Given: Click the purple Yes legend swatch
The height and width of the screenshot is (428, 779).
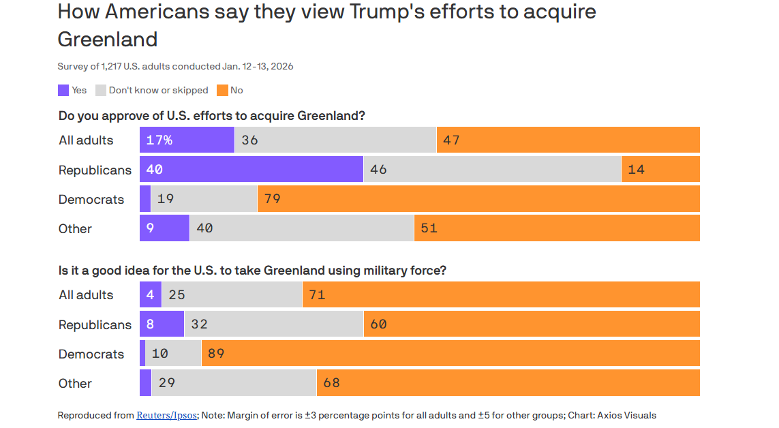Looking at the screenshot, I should (x=63, y=90).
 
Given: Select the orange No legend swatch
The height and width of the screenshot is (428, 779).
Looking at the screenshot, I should (x=222, y=90).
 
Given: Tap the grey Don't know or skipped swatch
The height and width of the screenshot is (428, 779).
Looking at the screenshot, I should (x=101, y=90).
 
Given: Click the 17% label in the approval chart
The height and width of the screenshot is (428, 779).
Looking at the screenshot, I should (x=159, y=140).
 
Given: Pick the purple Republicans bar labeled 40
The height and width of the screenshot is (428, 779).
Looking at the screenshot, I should (x=251, y=169).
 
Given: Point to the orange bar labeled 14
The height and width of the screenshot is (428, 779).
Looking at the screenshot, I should (x=660, y=169).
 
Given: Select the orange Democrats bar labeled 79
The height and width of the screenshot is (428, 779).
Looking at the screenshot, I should (x=478, y=199).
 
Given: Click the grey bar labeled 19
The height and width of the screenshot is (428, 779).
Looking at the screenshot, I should (x=204, y=199).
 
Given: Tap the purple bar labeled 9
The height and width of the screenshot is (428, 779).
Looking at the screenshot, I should (x=164, y=228).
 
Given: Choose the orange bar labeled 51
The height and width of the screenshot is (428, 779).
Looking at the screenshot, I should (x=556, y=228).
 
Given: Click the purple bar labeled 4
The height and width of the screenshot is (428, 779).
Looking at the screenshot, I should (x=150, y=294).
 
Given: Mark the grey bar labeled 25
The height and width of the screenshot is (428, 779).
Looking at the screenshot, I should (x=232, y=294).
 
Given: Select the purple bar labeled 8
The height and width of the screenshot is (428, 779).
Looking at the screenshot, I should (x=162, y=324).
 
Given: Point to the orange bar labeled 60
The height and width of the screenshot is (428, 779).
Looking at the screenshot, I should (x=531, y=324).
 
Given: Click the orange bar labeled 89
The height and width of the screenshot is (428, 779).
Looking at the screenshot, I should (x=450, y=354).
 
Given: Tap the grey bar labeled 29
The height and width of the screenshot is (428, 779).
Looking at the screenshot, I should (x=234, y=383).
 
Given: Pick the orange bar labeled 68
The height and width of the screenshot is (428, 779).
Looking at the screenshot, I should (x=508, y=383).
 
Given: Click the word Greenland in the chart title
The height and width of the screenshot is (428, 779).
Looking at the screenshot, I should (x=107, y=39).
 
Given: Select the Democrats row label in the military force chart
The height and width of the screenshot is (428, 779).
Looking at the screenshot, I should (x=91, y=354).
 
